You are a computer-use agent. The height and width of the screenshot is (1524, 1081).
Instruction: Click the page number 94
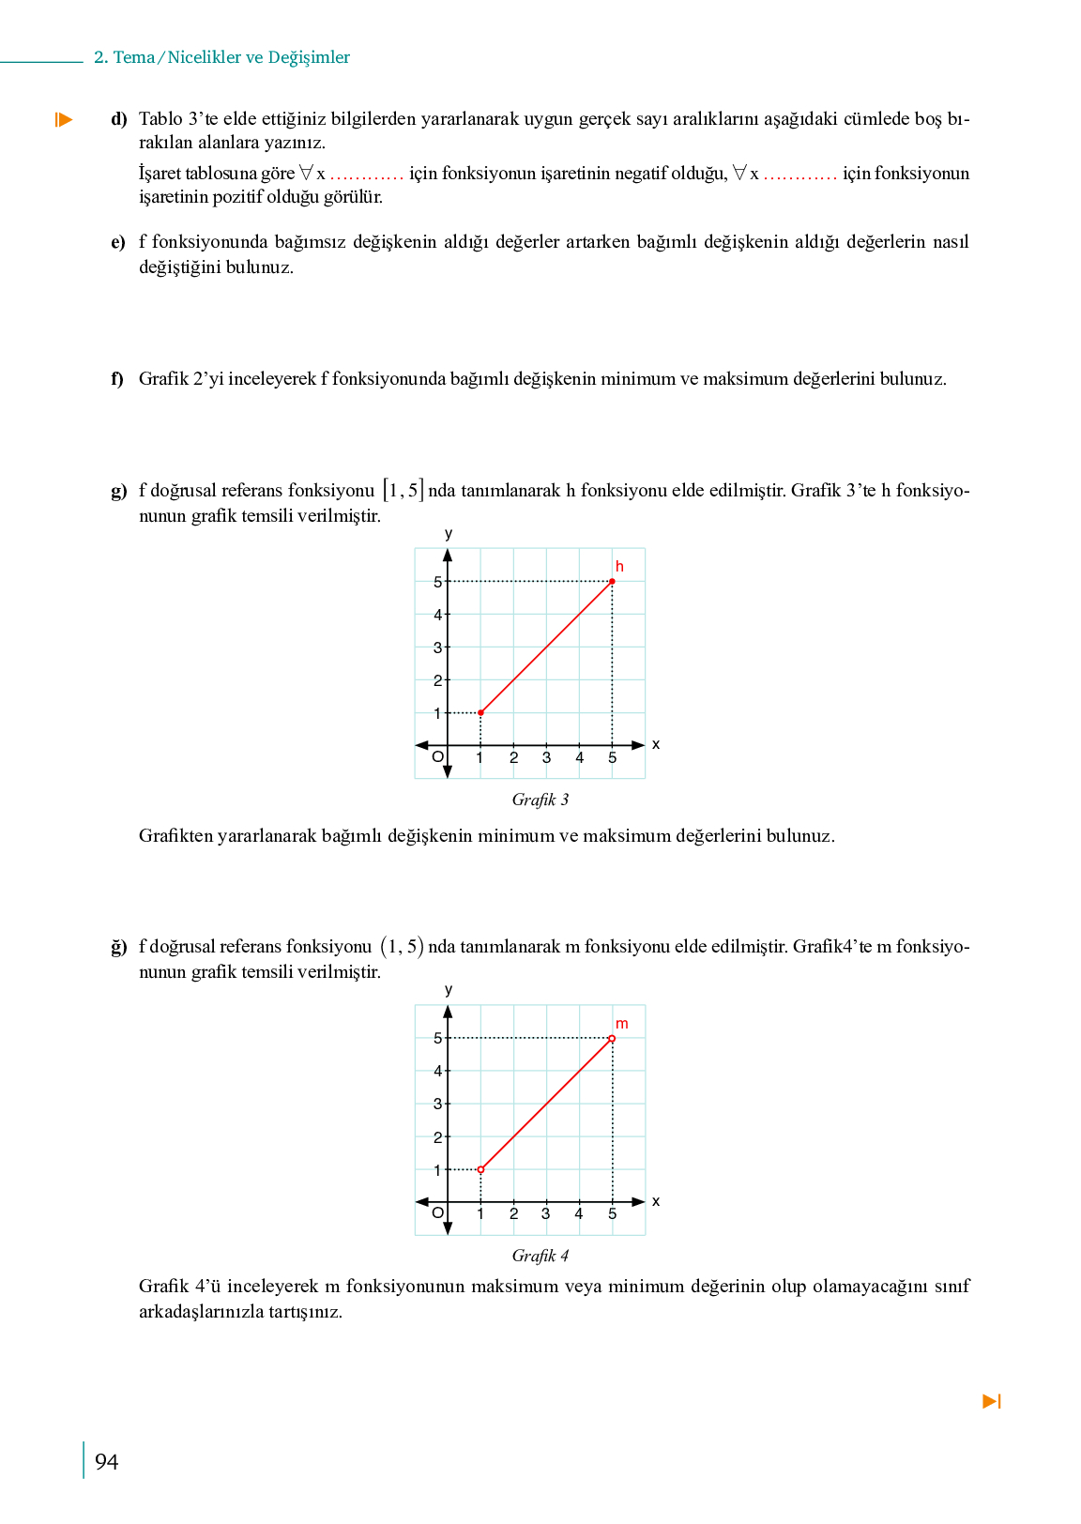[107, 1461]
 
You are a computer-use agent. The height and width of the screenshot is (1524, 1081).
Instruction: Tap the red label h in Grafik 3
[619, 567]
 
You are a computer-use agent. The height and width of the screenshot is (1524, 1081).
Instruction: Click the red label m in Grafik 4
[621, 1024]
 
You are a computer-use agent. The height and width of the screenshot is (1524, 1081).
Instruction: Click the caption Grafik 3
[540, 800]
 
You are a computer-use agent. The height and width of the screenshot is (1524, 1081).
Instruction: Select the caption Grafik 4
[540, 1256]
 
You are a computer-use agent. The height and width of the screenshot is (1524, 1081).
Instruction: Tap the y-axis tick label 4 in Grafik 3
[437, 615]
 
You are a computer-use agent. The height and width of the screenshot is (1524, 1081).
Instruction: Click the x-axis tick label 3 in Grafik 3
[546, 758]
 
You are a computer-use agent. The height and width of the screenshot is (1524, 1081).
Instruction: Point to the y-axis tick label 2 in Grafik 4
[437, 1137]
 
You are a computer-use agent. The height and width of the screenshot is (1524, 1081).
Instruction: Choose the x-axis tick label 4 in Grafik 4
[579, 1214]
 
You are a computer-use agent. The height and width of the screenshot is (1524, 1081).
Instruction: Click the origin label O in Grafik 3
[437, 757]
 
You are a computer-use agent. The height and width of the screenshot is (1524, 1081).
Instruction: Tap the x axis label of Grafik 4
[656, 1201]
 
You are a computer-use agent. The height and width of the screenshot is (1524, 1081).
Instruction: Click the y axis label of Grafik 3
[449, 534]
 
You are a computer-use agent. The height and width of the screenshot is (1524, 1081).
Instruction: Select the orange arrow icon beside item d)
[64, 119]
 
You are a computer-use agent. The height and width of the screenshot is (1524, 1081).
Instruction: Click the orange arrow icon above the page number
[992, 1401]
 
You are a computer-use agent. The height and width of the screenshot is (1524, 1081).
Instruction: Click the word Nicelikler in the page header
[203, 57]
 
